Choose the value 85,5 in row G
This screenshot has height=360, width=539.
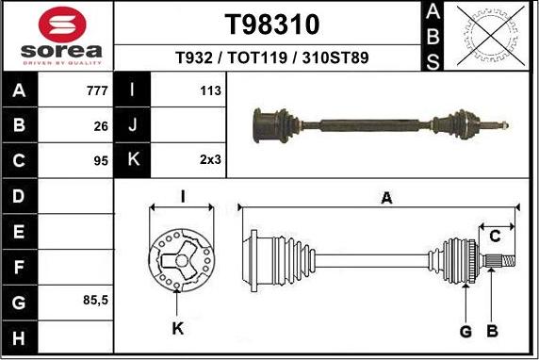pyautogui.click(x=96, y=301)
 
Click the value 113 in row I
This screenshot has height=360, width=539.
pyautogui.click(x=210, y=91)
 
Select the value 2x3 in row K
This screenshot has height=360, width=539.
pyautogui.click(x=209, y=160)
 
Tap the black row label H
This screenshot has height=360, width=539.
pyautogui.click(x=20, y=336)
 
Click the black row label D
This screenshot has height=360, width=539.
pyautogui.click(x=20, y=196)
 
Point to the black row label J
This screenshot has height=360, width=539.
pyautogui.click(x=133, y=125)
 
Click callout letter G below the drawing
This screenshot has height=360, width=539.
pyautogui.click(x=465, y=330)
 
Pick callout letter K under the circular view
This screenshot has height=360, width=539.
pyautogui.click(x=178, y=328)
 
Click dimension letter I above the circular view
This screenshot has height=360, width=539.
pyautogui.click(x=182, y=196)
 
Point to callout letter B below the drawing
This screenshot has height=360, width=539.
pyautogui.click(x=491, y=330)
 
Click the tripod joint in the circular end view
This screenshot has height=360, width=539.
pyautogui.click(x=177, y=259)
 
